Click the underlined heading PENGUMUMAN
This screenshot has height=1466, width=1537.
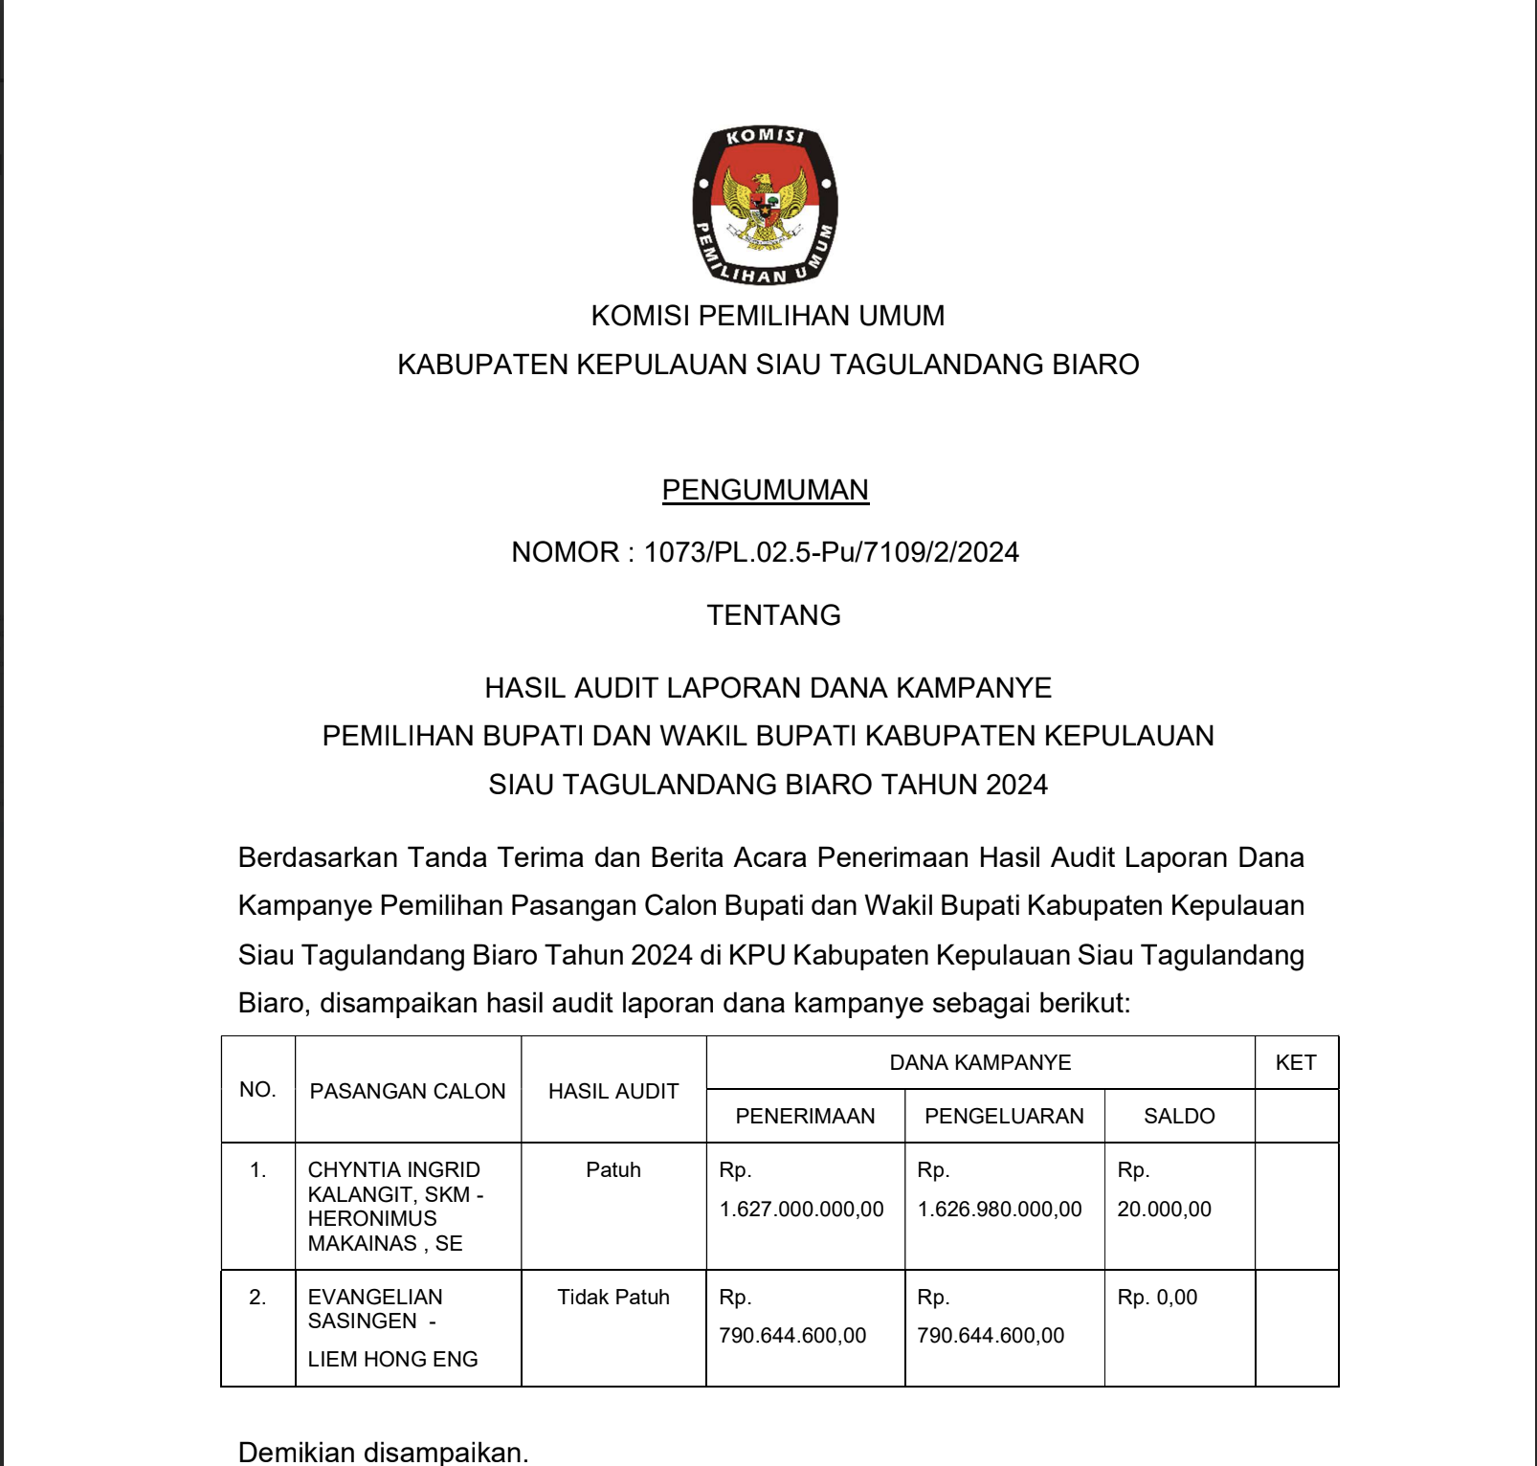(765, 490)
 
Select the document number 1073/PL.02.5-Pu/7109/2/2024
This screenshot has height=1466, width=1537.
(831, 552)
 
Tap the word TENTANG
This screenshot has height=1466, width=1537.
(773, 615)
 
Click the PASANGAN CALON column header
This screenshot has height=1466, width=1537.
(407, 1091)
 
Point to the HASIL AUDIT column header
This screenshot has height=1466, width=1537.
(613, 1091)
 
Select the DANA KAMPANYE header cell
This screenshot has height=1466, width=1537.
(980, 1062)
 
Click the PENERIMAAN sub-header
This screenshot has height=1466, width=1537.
(805, 1116)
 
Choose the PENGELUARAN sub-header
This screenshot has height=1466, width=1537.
(1004, 1116)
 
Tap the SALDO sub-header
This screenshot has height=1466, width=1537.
(1179, 1116)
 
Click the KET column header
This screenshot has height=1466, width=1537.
(1296, 1062)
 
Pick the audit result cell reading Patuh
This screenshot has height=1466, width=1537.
(613, 1169)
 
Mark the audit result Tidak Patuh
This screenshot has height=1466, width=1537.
(613, 1297)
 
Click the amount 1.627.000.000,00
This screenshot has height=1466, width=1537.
(802, 1210)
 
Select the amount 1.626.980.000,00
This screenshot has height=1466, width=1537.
(1000, 1210)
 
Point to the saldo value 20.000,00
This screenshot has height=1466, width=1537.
(1165, 1210)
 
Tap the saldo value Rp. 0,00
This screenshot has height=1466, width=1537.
(1158, 1297)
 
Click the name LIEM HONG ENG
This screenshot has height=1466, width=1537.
(392, 1359)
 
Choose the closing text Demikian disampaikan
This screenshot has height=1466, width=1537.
(383, 1452)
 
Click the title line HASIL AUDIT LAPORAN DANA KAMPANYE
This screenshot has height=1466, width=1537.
(768, 688)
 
